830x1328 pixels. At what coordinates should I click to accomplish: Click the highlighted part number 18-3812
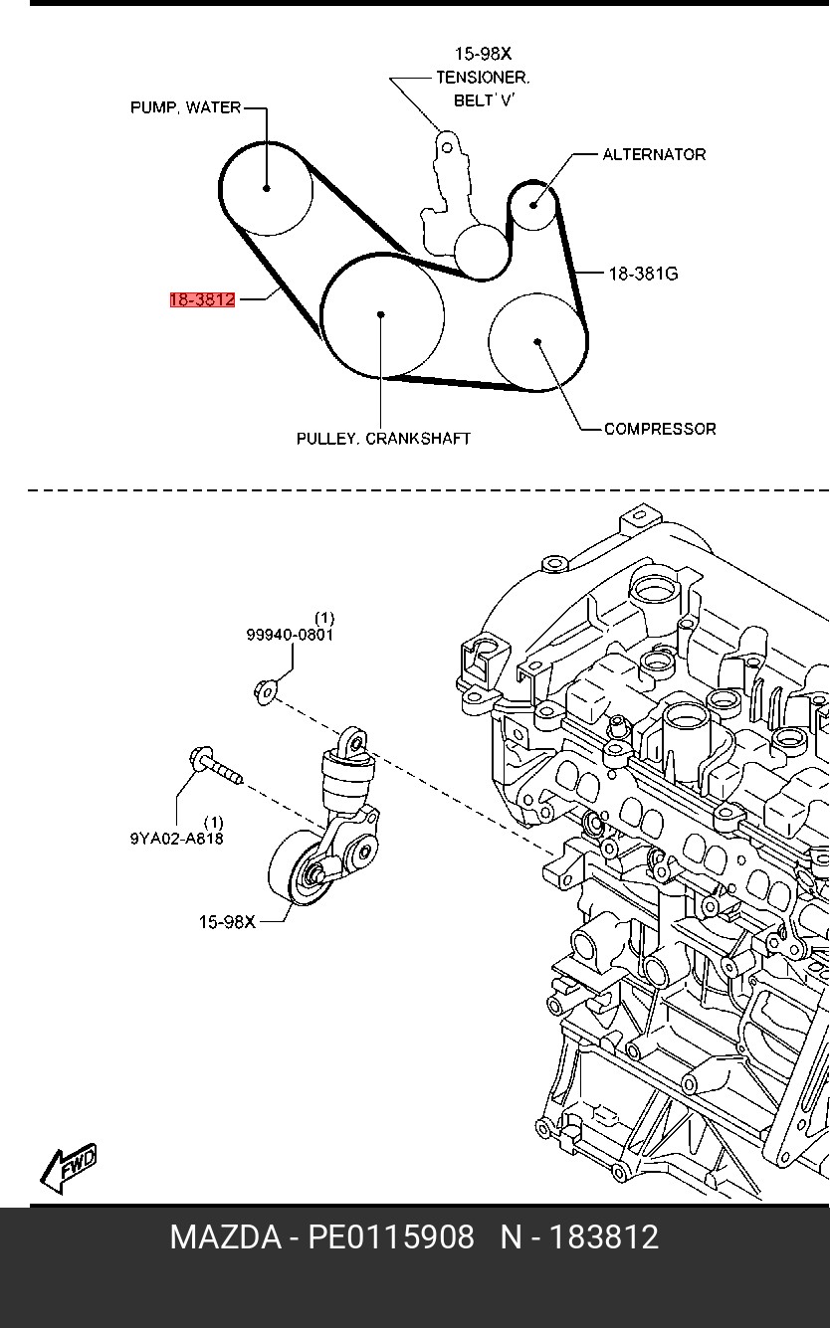coord(202,298)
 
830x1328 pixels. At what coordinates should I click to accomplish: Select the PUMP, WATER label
coord(185,107)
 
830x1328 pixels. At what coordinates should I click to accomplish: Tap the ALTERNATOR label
coord(654,154)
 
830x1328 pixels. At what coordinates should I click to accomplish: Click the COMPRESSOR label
coord(660,429)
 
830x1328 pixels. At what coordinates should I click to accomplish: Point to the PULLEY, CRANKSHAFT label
coord(383,438)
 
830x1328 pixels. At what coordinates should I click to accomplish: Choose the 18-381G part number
coord(643,273)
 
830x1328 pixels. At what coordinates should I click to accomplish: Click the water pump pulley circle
coord(267,188)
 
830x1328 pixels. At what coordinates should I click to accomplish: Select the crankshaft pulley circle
coord(382,315)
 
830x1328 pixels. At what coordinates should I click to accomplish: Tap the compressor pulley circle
coord(536,342)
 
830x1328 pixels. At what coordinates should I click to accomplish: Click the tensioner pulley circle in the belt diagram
coord(481,250)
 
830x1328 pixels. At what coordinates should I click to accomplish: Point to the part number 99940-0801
coord(290,634)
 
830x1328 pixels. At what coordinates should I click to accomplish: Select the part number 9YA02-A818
coord(176,838)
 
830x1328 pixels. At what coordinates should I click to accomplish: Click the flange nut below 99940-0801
coord(266,687)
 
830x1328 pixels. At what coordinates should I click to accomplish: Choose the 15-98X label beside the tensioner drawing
coord(227,922)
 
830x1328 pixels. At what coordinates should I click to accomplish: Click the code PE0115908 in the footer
coord(390,1237)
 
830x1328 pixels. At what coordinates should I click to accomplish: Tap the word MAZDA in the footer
coord(225,1237)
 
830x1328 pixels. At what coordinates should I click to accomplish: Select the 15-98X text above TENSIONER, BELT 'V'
coord(483,54)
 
